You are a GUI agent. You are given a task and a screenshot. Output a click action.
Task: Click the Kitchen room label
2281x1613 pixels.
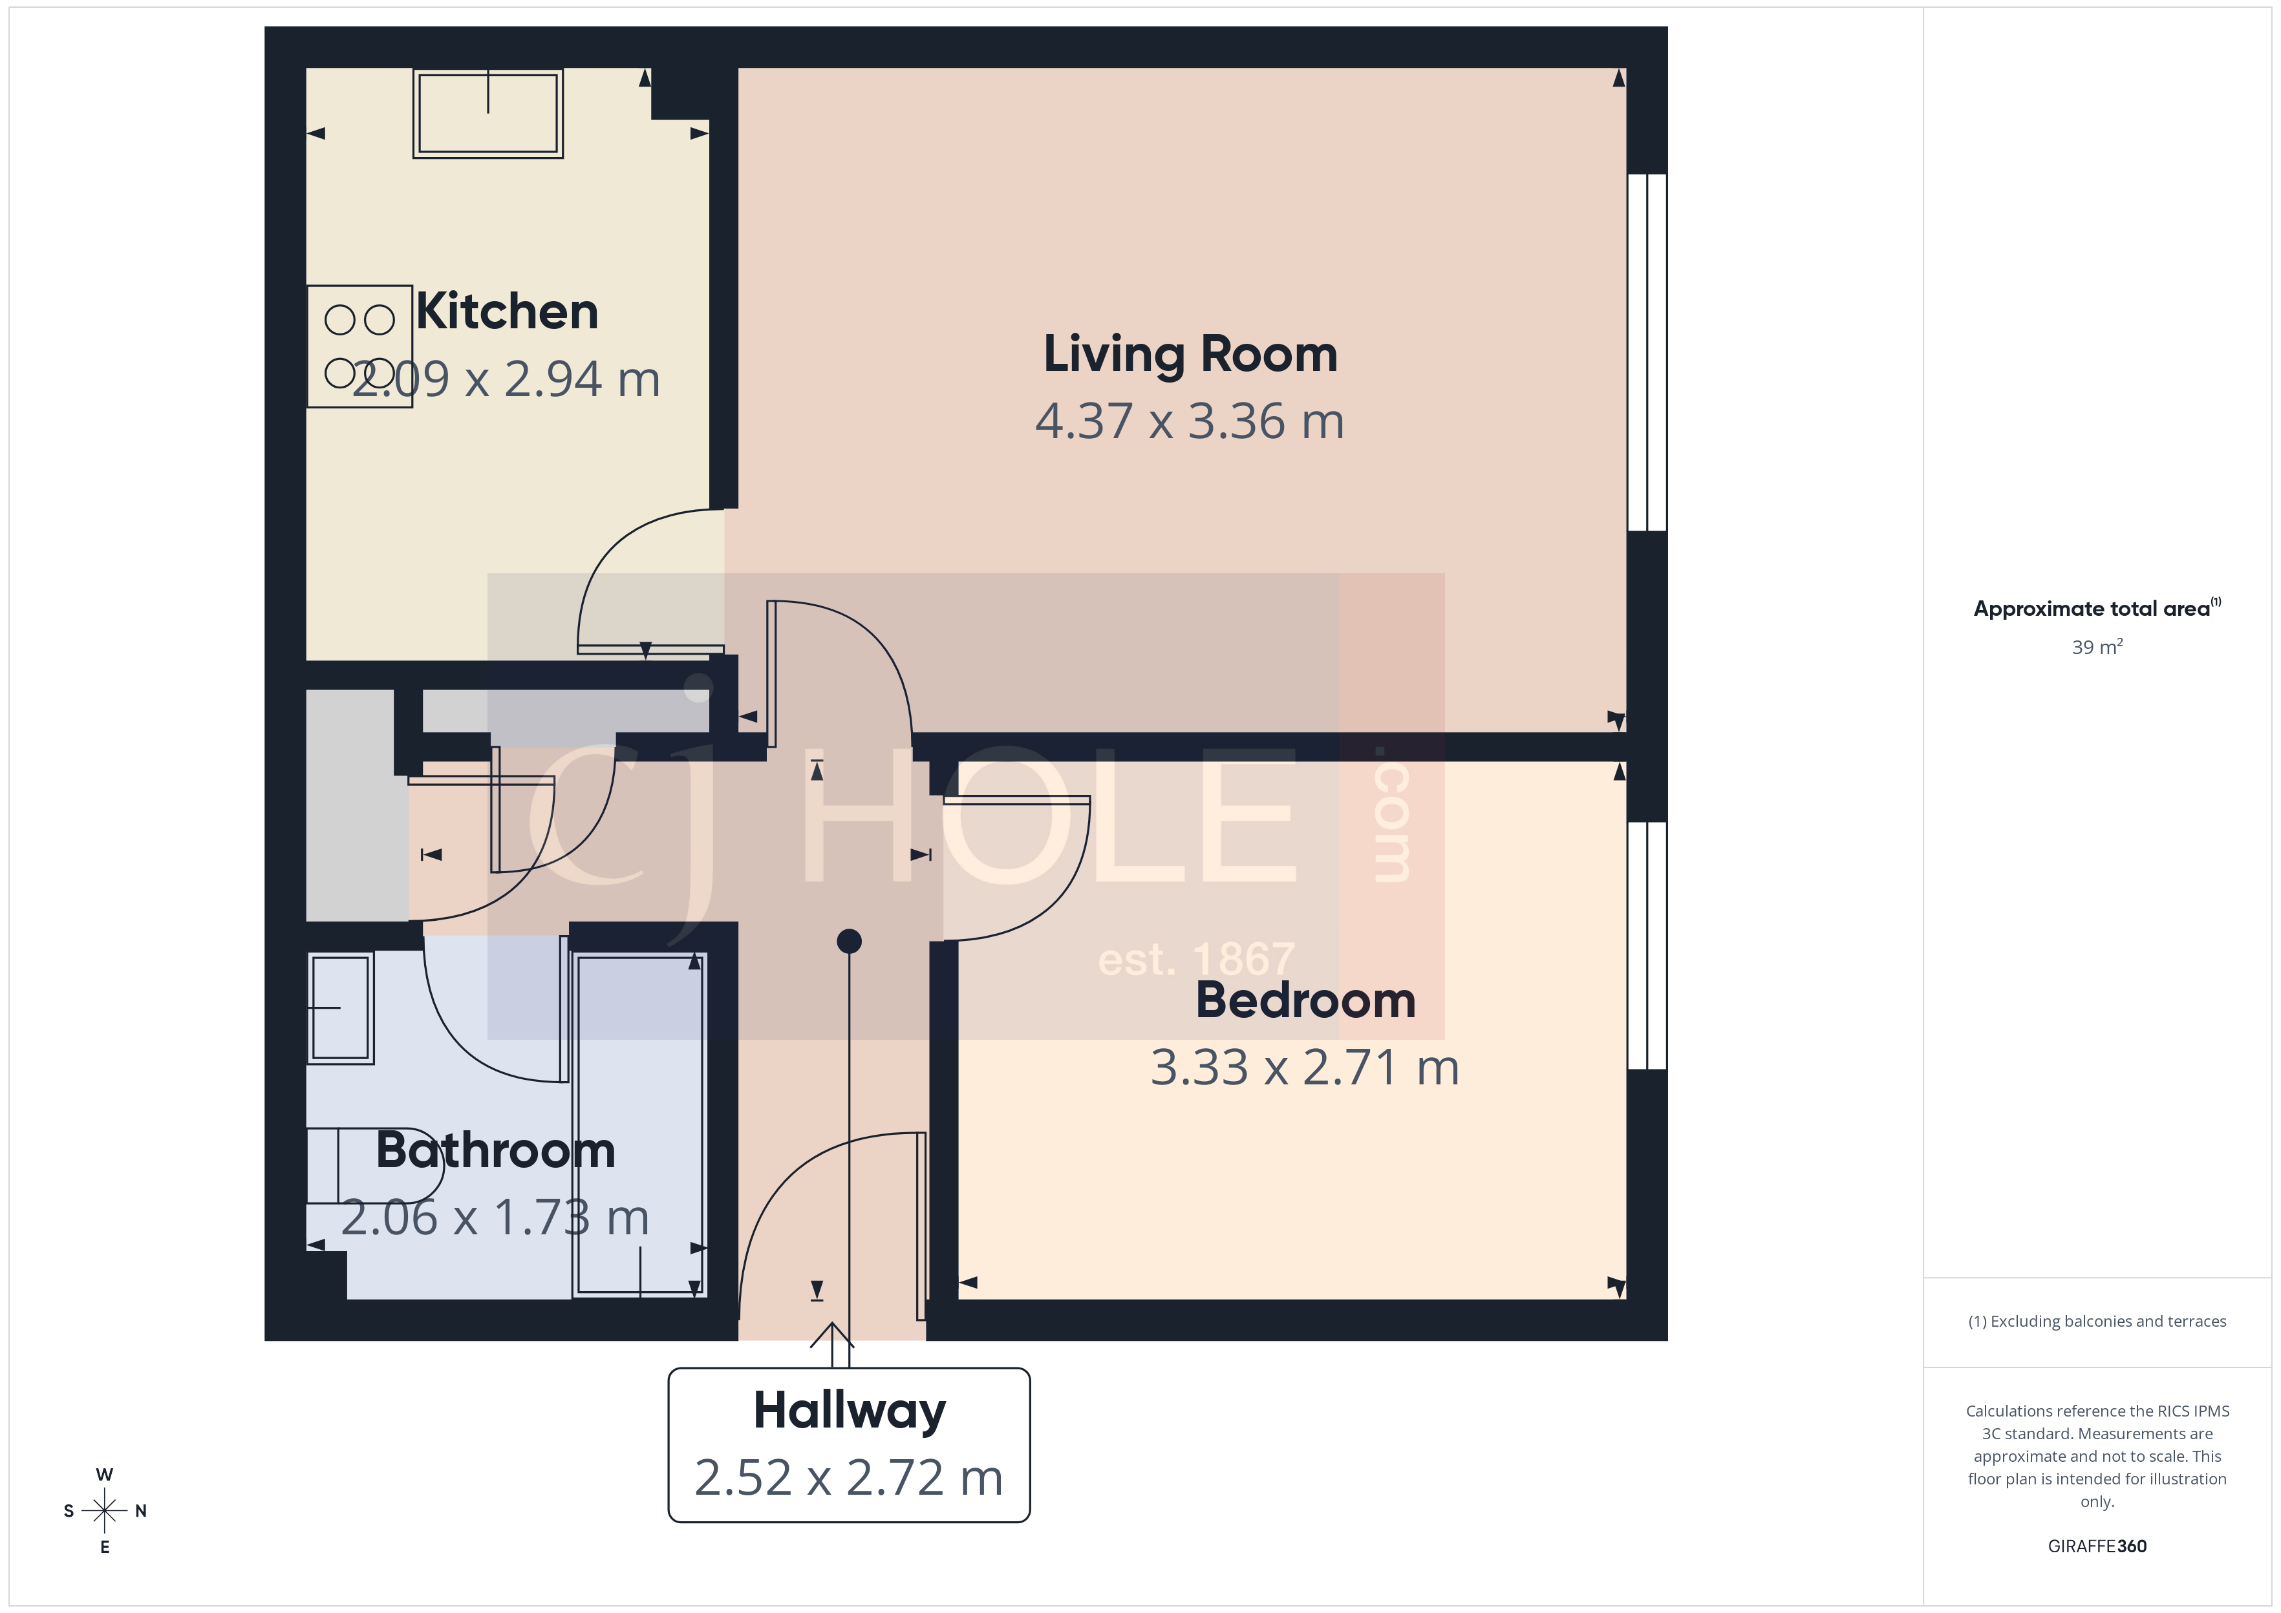[507, 312]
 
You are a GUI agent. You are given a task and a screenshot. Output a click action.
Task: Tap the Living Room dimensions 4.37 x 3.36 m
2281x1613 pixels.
[1189, 421]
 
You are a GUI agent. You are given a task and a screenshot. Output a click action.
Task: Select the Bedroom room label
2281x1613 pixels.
[1305, 1000]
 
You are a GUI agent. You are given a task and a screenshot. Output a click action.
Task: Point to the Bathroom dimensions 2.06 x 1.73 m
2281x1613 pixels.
[495, 1218]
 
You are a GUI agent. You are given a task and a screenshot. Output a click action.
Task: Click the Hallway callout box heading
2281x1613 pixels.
[850, 1410]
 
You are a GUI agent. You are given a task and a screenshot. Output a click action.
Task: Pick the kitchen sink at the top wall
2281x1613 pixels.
[487, 113]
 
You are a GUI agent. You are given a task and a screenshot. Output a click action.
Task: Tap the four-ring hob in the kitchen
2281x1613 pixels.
[359, 346]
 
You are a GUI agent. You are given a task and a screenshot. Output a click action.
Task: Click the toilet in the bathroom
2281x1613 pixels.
[372, 1165]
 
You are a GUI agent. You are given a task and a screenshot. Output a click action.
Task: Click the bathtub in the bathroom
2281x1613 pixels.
[640, 1124]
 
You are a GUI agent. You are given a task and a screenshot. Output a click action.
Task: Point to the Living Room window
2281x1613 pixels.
[1646, 353]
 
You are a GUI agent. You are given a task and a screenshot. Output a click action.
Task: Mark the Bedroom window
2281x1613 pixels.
[1646, 945]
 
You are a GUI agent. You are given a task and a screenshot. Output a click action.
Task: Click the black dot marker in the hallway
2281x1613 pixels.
[848, 940]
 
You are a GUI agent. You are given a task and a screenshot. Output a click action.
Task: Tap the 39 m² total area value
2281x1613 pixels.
[2096, 648]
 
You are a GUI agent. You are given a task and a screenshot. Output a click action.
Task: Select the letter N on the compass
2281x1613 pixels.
[141, 1511]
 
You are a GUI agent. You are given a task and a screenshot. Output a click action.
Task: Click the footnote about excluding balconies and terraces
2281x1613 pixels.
[2096, 1321]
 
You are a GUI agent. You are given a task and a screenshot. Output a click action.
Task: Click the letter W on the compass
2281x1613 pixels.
[104, 1475]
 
